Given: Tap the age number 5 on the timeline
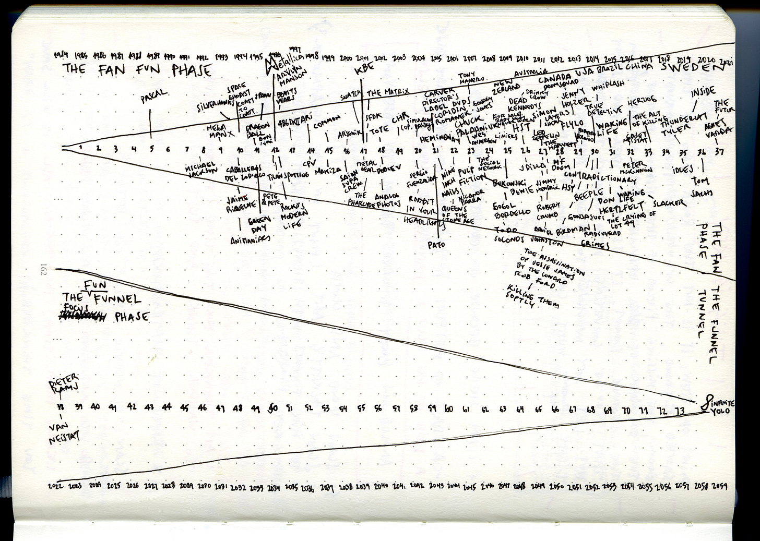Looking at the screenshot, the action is tap(151, 148).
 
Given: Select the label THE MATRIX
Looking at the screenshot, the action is tap(387, 92).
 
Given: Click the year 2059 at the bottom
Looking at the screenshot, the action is tap(719, 486).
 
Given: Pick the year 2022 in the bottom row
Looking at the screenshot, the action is tap(55, 486).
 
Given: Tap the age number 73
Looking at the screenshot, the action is tap(680, 411).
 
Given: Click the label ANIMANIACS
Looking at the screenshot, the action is tap(251, 240).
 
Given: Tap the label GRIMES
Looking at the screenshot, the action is tap(595, 244).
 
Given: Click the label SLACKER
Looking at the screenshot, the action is tap(669, 202).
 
